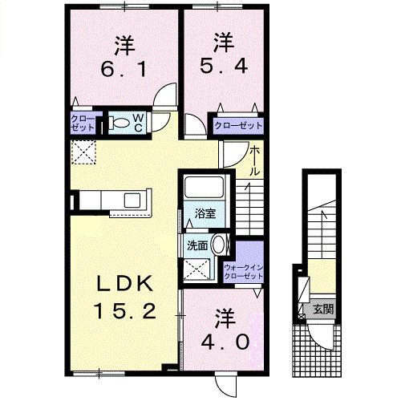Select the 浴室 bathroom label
pos(205,213)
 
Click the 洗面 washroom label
pos(198,245)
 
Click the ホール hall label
pos(254,161)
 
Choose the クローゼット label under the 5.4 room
pos(238,125)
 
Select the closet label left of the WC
pos(86,124)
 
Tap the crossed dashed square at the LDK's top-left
pos(83,152)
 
